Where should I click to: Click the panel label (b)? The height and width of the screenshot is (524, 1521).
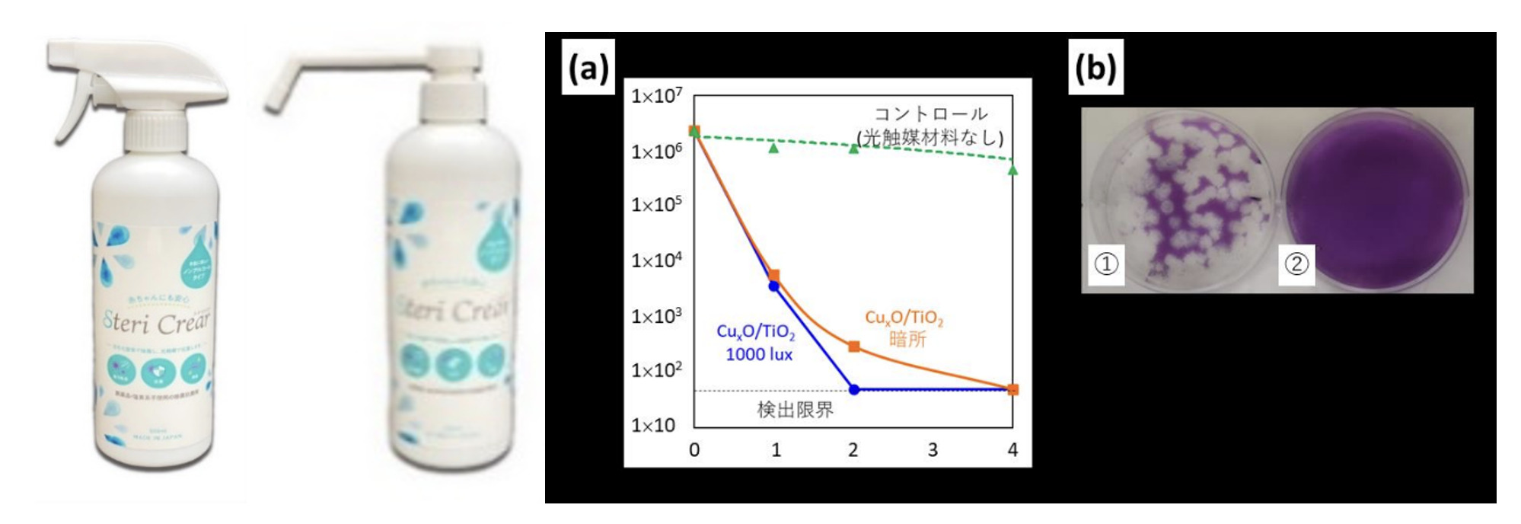pos(1095,69)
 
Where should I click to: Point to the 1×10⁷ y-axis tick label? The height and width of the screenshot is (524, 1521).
pos(657,97)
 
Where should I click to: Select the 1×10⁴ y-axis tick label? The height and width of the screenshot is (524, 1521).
pos(657,260)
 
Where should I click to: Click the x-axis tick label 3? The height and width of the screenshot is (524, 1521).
pos(933,450)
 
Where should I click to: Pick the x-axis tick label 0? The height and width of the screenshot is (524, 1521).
pos(694,450)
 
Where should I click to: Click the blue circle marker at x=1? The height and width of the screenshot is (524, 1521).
pos(774,286)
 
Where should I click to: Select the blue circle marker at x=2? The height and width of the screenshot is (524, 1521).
pos(854,389)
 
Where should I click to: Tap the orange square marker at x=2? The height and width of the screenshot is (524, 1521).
pos(854,347)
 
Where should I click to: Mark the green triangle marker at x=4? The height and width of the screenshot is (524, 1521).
pos(1012,169)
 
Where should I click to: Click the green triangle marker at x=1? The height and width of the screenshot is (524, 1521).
pos(774,148)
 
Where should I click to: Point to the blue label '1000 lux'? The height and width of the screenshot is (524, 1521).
pos(759,355)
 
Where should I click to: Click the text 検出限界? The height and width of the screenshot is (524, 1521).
pos(795,410)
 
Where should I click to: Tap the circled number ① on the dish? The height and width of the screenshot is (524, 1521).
pos(1105,264)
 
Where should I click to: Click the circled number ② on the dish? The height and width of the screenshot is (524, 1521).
pos(1296,264)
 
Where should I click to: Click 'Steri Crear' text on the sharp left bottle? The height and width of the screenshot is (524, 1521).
pos(157,324)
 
